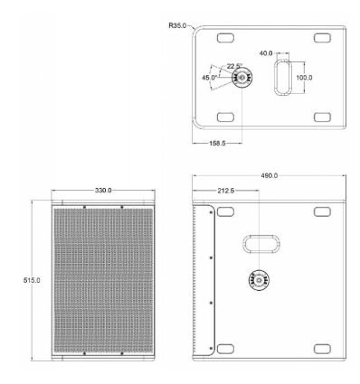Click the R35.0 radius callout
click(177, 25)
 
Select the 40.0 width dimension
click(266, 53)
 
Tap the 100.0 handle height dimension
click(304, 78)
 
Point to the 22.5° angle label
click(234, 66)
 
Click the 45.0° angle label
click(210, 78)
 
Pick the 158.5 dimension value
click(217, 144)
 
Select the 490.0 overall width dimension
click(270, 175)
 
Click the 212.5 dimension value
click(226, 191)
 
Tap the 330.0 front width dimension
click(103, 191)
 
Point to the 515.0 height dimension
click(32, 280)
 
